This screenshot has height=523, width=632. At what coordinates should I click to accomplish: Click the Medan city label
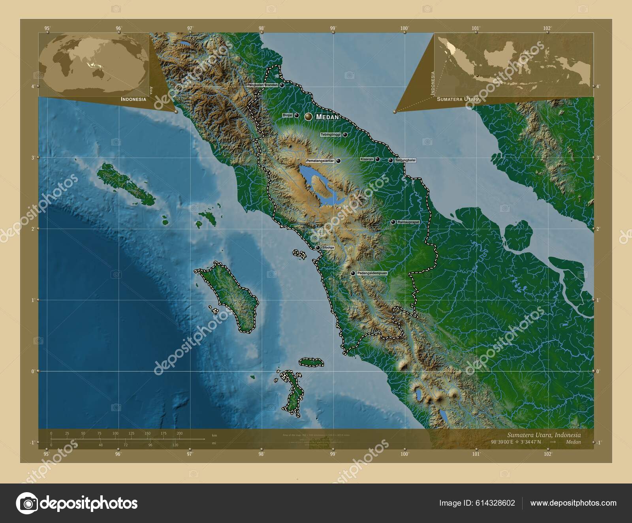pos(327,117)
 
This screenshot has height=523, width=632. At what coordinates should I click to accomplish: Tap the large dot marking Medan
pos(308,117)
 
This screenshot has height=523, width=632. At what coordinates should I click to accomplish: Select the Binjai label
pos(288,115)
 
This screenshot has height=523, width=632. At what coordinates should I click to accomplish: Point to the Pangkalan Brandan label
pos(263,85)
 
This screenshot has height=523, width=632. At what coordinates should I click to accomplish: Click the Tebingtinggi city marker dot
pos(345,135)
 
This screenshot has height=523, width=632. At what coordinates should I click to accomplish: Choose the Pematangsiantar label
pos(320,161)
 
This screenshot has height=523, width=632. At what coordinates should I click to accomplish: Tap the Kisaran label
pos(367,159)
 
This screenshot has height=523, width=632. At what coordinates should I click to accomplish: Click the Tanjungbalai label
pos(405,160)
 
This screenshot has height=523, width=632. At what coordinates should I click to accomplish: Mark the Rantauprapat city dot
pos(393,222)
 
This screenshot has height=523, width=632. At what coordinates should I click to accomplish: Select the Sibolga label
pos(328,248)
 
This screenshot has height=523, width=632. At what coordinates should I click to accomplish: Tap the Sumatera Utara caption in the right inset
pos(458,99)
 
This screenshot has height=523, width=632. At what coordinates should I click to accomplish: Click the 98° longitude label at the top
pos(261,28)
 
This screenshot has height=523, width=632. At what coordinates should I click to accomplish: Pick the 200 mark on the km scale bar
pos(180,433)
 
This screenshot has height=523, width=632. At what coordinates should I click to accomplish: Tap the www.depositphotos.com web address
pos(573,503)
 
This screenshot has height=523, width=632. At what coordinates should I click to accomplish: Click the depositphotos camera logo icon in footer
pos(26,503)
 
